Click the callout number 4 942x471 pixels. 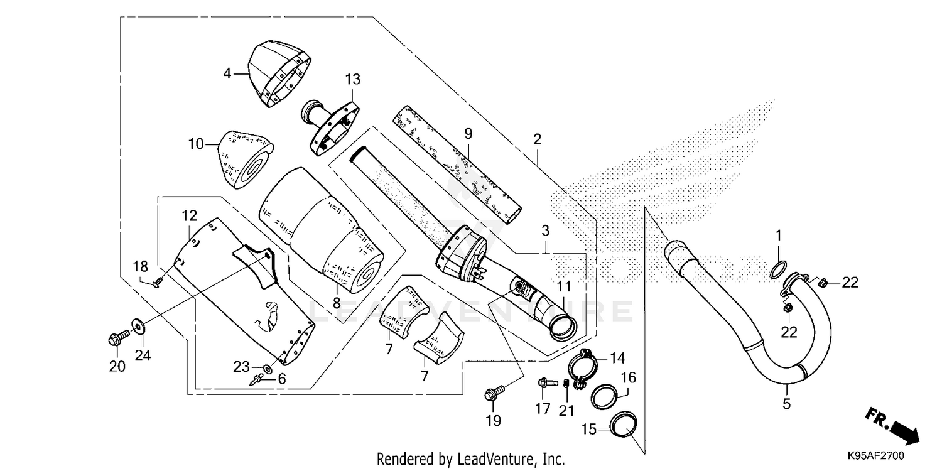click(227, 74)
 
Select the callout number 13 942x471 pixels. click(353, 79)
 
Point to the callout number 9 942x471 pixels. click(468, 133)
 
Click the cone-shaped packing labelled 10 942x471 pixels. click(246, 157)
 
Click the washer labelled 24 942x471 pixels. click(136, 325)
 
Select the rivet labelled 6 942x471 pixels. click(258, 380)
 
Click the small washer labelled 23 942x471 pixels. click(268, 367)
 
